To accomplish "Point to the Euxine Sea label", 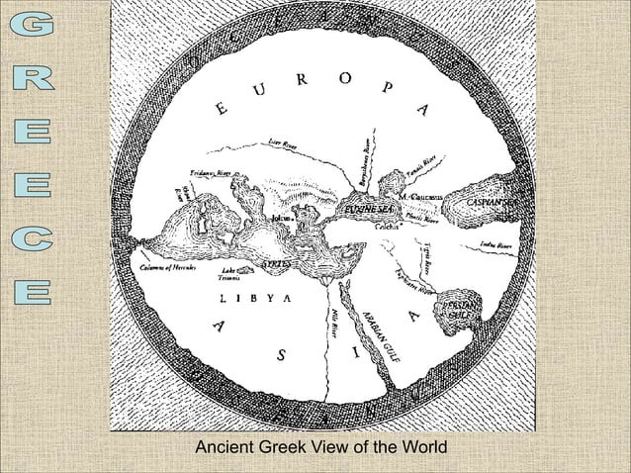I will [x=365, y=211].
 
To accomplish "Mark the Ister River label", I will [x=286, y=145].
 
